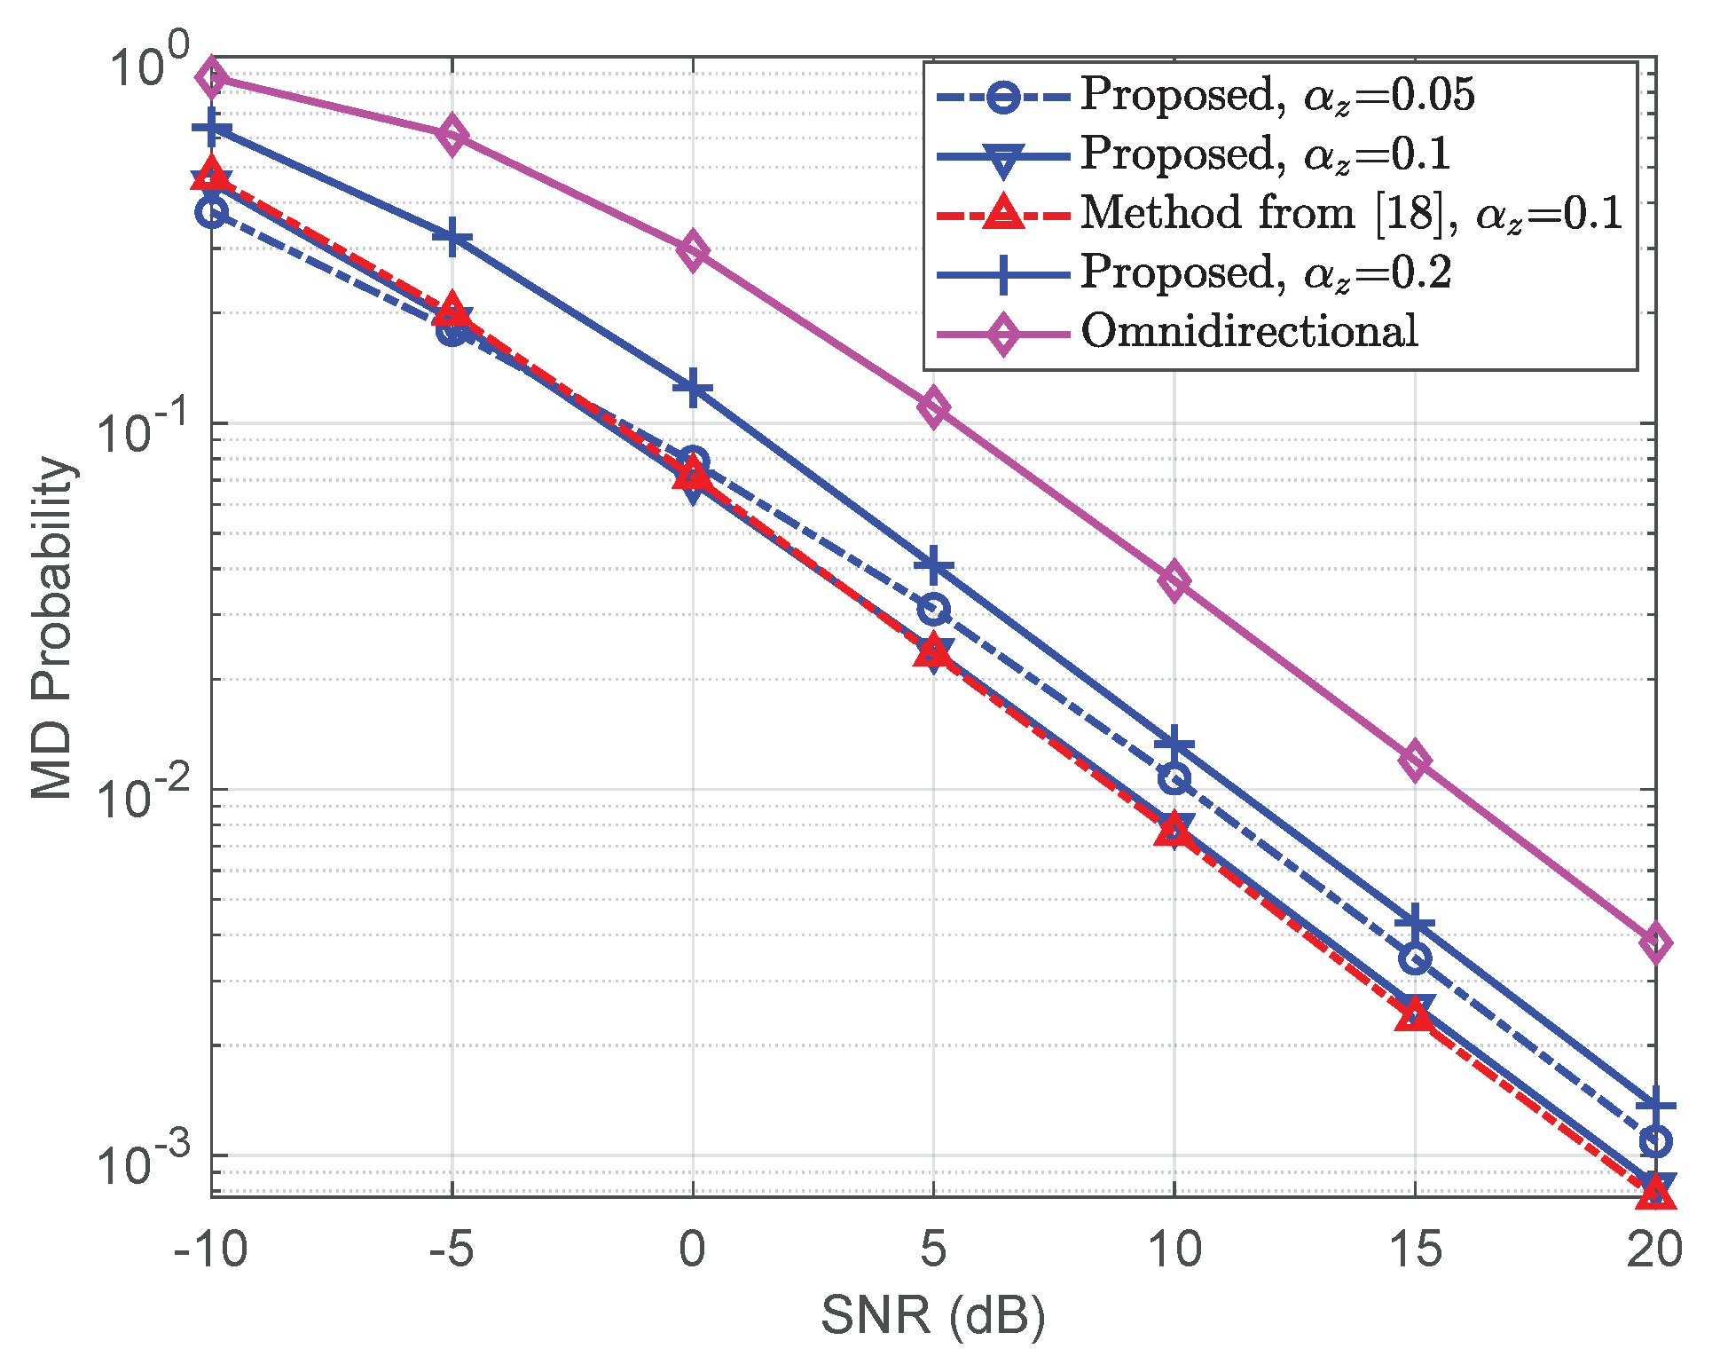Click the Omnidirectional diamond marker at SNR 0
coord(693,251)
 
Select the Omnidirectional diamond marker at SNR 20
coord(1655,942)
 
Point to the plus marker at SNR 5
coord(933,566)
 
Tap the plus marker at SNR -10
coord(212,129)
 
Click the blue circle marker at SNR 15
coord(1415,958)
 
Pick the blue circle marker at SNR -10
coord(212,212)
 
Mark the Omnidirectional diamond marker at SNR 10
coord(1174,581)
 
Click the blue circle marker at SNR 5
coord(933,609)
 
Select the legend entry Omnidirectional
coord(1249,332)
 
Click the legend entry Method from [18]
coord(1350,214)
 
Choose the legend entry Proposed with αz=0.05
coord(1277,95)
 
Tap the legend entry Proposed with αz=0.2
coord(1265,272)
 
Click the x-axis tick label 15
coord(1415,1250)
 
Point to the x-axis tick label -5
coord(452,1250)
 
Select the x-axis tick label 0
coord(693,1250)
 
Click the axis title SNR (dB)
coord(933,1315)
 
